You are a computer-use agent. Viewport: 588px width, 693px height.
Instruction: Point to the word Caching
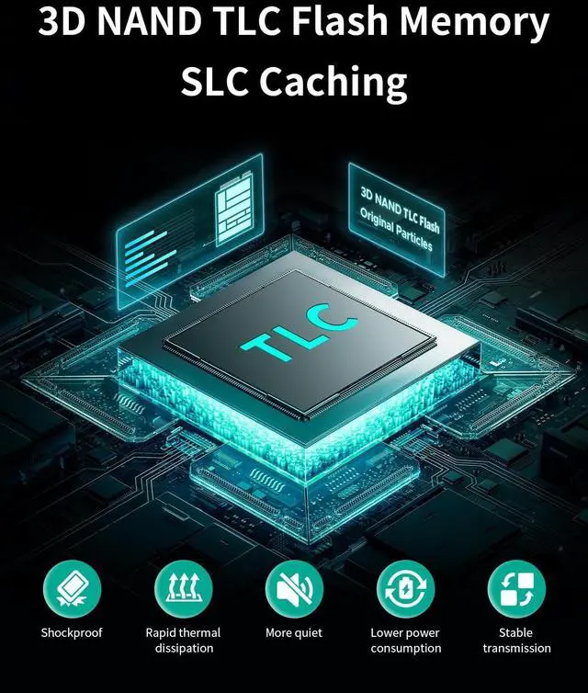333,83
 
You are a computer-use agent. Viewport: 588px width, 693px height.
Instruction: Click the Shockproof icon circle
72,588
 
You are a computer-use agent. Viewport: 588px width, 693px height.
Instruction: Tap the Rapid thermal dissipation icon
183,588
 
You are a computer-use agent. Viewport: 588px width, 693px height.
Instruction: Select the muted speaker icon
294,588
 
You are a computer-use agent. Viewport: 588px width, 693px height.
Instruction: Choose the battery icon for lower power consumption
405,588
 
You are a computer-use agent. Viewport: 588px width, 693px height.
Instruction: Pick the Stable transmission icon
516,588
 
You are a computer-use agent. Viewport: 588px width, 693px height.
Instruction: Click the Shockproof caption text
72,632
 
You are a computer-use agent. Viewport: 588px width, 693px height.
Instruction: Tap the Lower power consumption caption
405,641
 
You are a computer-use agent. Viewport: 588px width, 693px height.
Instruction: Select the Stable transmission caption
516,641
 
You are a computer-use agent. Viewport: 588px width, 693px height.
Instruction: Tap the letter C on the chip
336,318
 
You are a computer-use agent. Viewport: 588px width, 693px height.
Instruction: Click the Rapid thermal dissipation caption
183,641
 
